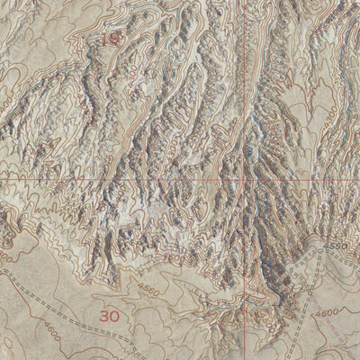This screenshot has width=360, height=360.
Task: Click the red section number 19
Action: pos(110,40)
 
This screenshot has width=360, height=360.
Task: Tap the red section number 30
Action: pos(109,316)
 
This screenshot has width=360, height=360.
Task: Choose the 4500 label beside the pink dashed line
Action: pos(326,312)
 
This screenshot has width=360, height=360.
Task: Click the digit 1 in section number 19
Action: pos(104,40)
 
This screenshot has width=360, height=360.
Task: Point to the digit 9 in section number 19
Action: pos(114,40)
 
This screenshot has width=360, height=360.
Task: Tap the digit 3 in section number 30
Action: pos(103,316)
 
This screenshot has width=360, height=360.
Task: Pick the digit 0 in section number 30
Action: pos(114,316)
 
